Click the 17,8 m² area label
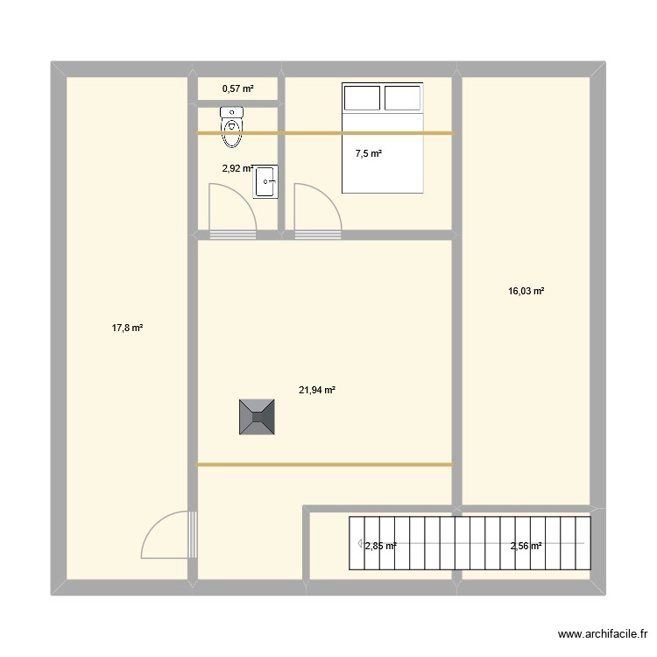point(127,328)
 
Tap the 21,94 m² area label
point(317,391)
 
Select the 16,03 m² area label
point(526,292)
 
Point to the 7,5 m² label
point(368,154)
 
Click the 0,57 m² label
point(237,88)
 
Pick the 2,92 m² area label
point(237,169)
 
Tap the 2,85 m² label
point(380,546)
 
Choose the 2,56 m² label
point(526,546)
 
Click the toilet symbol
point(232,127)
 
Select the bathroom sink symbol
point(265,182)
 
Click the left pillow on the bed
point(362,97)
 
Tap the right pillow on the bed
point(403,97)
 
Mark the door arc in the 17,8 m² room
point(166,534)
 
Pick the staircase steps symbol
point(470,543)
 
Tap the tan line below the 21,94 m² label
point(324,464)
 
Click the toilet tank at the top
point(232,111)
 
